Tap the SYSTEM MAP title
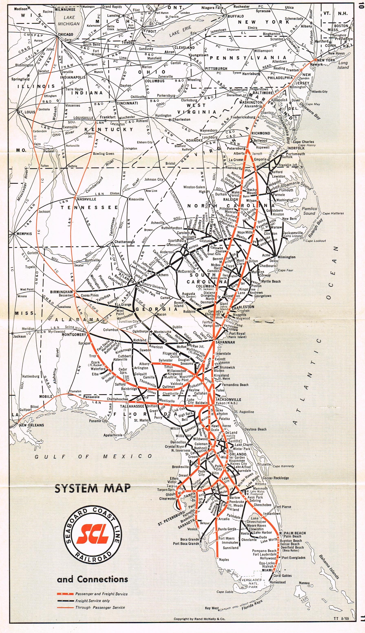[93, 488]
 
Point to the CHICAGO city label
[65, 34]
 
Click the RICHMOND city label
[261, 133]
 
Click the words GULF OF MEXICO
[93, 456]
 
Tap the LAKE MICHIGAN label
[69, 21]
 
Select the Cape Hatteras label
[333, 214]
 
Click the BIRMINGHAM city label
[61, 292]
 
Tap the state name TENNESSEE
[89, 207]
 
